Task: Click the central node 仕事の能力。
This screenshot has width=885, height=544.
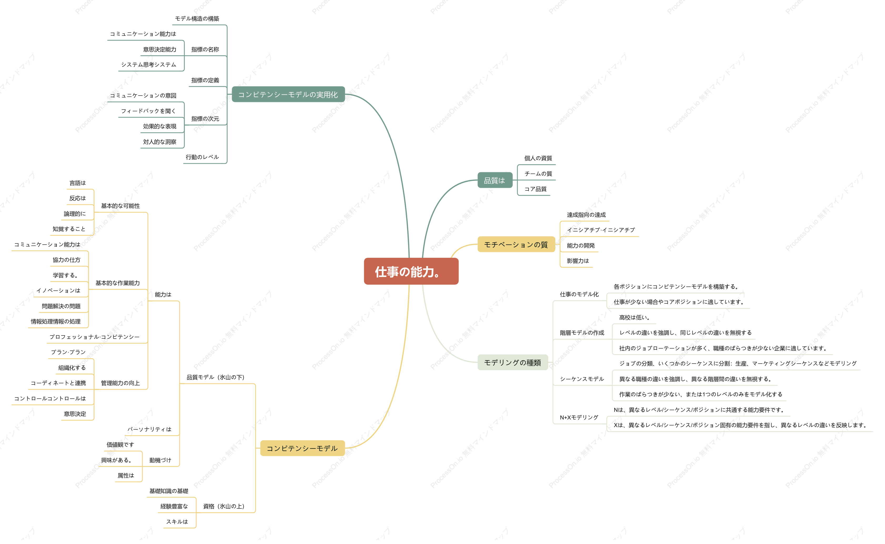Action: tap(411, 272)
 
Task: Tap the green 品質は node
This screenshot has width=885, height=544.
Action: tap(495, 180)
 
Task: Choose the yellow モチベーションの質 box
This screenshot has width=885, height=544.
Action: tap(516, 245)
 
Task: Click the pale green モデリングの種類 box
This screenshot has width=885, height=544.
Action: tap(512, 362)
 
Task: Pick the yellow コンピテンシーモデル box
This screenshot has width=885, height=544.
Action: tap(302, 448)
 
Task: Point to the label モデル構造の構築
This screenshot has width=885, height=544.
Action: tap(197, 19)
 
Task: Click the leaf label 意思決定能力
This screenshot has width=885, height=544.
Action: tap(160, 49)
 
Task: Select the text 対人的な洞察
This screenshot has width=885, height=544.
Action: tap(160, 142)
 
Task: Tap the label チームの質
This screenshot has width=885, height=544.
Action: tap(538, 174)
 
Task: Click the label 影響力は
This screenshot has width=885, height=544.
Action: tap(578, 261)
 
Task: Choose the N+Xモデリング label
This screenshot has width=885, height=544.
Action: tap(579, 417)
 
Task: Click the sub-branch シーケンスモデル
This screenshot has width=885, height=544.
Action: tap(582, 379)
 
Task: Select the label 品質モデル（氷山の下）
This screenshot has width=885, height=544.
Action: tap(215, 377)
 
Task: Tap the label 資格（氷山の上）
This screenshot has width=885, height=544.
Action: tap(224, 506)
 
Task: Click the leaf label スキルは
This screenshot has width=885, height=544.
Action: tap(177, 522)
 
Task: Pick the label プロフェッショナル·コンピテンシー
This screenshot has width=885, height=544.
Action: tap(94, 337)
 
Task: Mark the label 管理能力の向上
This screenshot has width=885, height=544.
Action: tap(120, 383)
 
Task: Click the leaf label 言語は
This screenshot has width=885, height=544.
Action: tap(78, 183)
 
